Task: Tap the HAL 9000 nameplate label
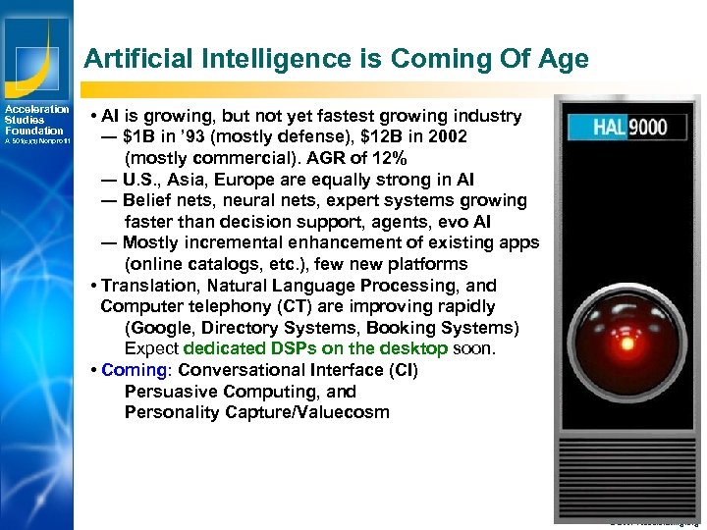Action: [x=627, y=127]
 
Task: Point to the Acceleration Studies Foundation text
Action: [x=35, y=120]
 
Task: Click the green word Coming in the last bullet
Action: [x=135, y=370]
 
